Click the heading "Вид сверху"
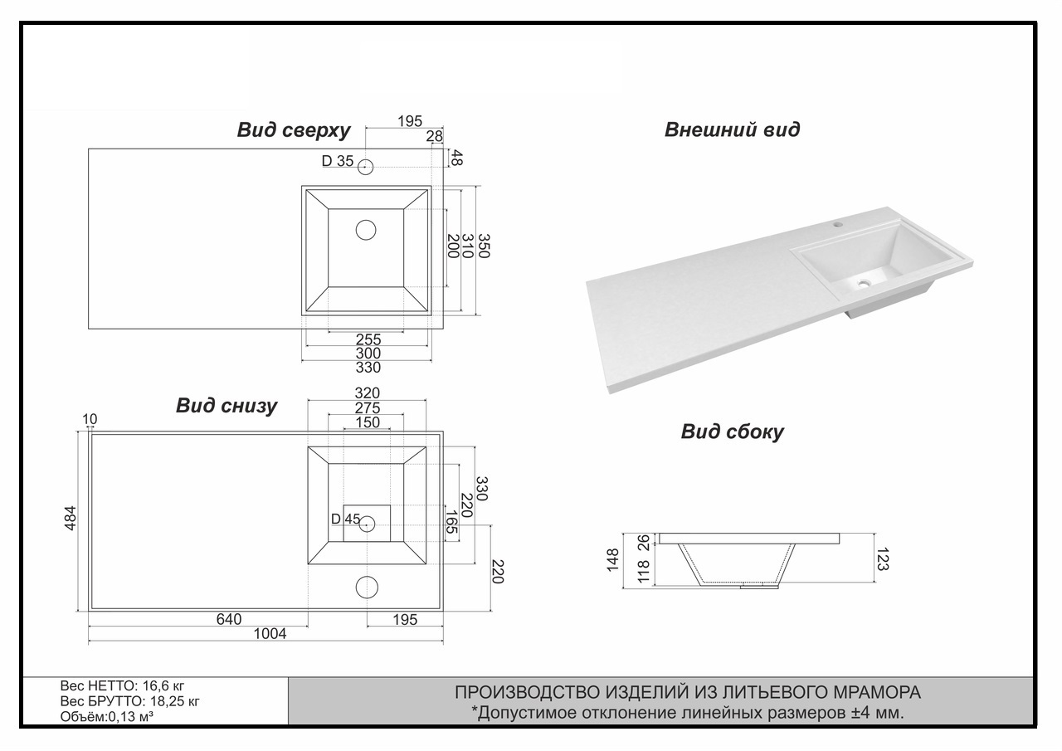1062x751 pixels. pos(294,130)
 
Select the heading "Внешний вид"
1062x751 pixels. pos(732,129)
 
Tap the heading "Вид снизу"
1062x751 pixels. pos(227,406)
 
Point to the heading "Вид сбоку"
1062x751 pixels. pos(732,432)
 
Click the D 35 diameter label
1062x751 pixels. pos(338,161)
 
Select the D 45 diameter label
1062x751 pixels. pos(346,519)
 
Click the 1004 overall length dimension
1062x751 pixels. pos(270,634)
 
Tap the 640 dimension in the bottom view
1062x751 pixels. pos(229,619)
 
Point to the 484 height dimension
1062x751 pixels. pos(71,518)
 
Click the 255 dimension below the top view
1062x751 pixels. pos(368,339)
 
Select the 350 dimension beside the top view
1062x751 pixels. pos(483,246)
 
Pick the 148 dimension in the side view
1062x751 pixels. pos(613,560)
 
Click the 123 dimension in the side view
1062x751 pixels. pos(882,559)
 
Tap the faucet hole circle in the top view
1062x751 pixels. pos(366,167)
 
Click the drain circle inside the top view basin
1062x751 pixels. pos(366,230)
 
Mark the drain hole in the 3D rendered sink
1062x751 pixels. pos(864,283)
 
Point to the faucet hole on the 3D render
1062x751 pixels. pos(838,222)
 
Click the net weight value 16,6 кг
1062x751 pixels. pos(163,686)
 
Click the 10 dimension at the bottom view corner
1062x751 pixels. pos(90,419)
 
